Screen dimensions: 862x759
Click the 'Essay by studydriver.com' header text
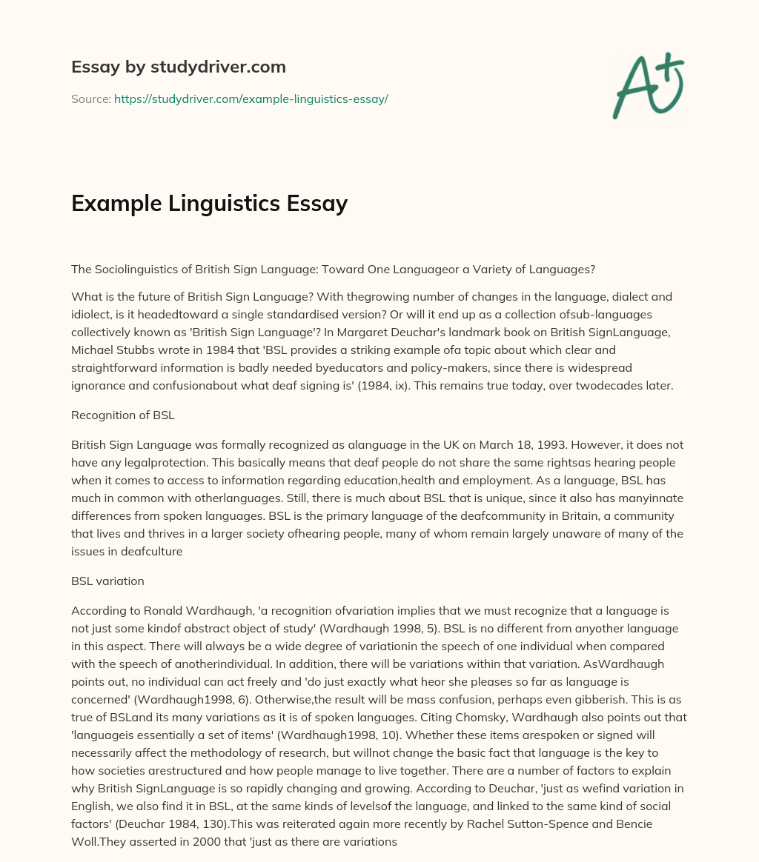point(178,67)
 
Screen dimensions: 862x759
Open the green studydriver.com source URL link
point(251,98)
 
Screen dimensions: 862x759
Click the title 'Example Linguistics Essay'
point(209,204)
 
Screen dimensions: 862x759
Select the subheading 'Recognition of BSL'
point(122,415)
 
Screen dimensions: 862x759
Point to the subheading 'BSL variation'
point(107,581)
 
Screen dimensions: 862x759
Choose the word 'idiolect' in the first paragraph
point(95,315)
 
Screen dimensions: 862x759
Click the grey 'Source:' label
point(90,98)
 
